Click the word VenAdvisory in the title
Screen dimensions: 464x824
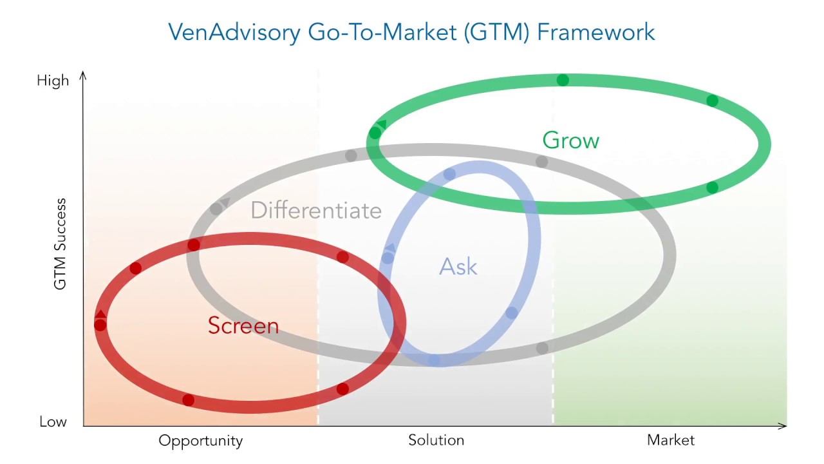pos(233,32)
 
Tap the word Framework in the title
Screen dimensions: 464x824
pos(595,32)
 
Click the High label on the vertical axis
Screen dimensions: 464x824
pos(53,81)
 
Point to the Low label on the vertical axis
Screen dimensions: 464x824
pos(53,421)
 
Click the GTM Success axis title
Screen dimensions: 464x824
pos(60,244)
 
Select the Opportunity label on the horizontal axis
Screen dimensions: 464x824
pos(200,441)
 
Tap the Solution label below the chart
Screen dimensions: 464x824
pos(436,440)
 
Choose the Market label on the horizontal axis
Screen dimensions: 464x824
pos(670,440)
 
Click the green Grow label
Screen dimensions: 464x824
pos(570,140)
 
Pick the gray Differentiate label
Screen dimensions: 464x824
pos(315,210)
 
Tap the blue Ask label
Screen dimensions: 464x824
pos(458,266)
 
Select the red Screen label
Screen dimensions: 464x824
pos(243,325)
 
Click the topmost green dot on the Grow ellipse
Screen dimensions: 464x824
pos(563,80)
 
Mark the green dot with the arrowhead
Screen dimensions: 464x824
pos(375,133)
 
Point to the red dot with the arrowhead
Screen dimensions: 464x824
pos(100,324)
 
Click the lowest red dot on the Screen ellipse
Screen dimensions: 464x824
pos(188,400)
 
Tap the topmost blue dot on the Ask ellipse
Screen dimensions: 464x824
pos(449,174)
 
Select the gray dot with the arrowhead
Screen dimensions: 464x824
pos(216,209)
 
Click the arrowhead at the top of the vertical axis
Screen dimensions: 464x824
pos(83,75)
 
